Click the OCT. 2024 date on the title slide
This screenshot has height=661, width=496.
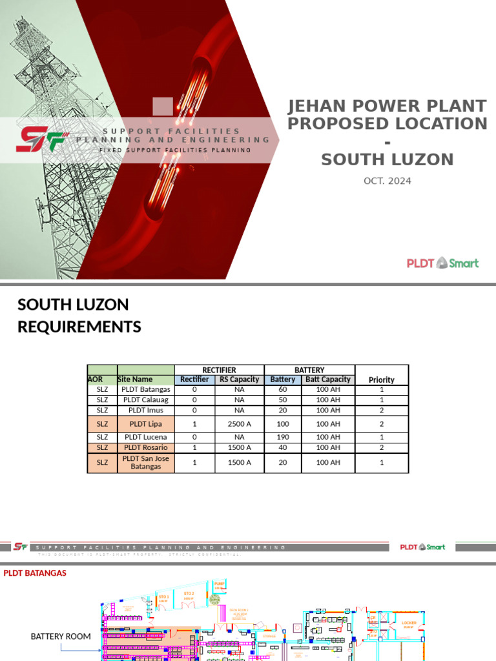387,181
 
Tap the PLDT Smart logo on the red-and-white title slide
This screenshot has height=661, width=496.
442,263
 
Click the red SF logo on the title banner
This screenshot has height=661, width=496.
40,138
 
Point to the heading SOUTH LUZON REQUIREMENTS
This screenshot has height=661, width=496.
79,316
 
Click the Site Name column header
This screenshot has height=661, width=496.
136,380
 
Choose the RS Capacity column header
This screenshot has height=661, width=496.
239,380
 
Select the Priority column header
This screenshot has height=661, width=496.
381,380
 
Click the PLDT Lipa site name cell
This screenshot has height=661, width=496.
145,424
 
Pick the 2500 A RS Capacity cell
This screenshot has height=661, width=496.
239,424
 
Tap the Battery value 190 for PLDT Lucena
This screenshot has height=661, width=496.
283,437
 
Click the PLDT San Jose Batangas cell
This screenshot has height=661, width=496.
145,462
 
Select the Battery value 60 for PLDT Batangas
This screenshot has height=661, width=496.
283,390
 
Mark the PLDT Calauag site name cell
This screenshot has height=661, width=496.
145,400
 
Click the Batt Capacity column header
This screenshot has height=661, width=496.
328,380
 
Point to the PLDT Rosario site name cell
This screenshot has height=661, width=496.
145,447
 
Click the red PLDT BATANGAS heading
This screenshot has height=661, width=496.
35,573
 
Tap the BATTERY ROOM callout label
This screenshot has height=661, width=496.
61,636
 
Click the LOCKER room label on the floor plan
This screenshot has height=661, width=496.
409,624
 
